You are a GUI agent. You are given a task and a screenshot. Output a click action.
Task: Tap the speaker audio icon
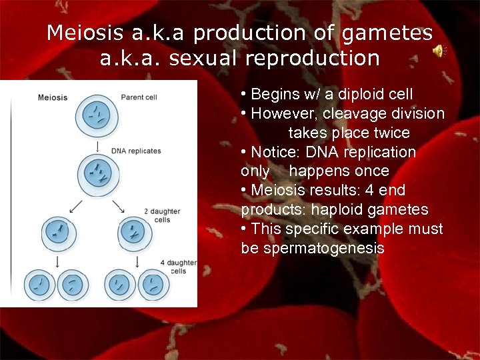coord(439,52)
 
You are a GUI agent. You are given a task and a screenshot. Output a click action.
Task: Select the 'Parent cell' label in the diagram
coord(139,97)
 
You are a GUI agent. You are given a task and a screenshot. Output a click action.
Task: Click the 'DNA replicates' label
coord(136,151)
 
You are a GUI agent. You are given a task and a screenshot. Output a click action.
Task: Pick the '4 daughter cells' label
coord(178,267)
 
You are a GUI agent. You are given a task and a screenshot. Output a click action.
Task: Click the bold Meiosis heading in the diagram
coord(53,97)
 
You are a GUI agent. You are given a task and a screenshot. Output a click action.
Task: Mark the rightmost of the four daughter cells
coord(155,285)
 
